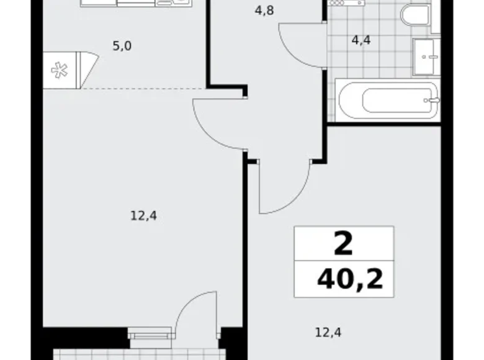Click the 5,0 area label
click(x=122, y=46)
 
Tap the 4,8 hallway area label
click(x=264, y=10)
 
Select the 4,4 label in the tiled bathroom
click(x=361, y=41)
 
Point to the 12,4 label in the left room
click(x=143, y=216)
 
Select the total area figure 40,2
click(x=349, y=279)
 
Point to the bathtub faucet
click(x=432, y=99)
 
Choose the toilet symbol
click(x=414, y=14)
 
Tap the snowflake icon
click(x=60, y=70)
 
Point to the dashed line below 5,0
click(x=143, y=89)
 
